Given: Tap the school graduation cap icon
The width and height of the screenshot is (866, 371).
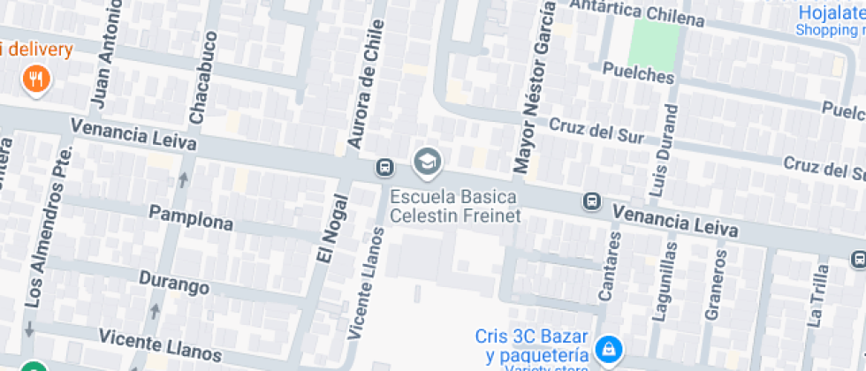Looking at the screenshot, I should [428, 162].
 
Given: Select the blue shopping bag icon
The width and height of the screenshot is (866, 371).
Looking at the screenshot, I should [608, 348].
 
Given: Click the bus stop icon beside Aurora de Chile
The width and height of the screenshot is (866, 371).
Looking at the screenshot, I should [385, 167].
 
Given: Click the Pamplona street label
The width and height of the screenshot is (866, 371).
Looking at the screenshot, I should [190, 217].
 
